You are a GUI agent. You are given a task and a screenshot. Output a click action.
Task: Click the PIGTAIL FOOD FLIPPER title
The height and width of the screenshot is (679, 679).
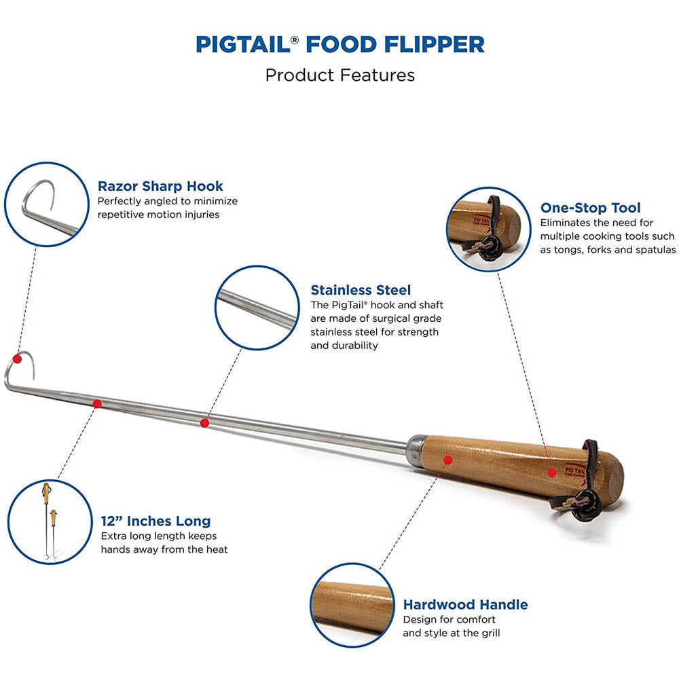pyautogui.click(x=340, y=44)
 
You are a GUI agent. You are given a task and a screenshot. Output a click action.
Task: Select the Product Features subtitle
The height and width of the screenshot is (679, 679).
pyautogui.click(x=340, y=75)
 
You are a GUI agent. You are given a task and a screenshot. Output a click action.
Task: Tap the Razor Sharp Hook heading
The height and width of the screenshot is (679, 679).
pyautogui.click(x=160, y=186)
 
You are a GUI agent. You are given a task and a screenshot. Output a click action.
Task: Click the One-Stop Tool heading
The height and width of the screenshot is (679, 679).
pyautogui.click(x=590, y=208)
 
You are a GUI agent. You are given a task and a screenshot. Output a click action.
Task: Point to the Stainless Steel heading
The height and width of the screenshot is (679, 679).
pyautogui.click(x=361, y=290)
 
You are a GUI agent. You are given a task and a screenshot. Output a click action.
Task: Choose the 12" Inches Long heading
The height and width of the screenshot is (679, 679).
pyautogui.click(x=156, y=521)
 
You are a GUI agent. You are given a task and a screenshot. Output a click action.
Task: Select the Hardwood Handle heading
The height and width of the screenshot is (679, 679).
pyautogui.click(x=466, y=604)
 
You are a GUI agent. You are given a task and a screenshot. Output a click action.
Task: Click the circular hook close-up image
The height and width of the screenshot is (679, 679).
pyautogui.click(x=46, y=204)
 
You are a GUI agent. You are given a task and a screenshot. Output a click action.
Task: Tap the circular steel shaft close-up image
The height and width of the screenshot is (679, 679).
pyautogui.click(x=257, y=308)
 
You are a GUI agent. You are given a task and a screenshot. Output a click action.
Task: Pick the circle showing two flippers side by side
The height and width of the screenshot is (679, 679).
pyautogui.click(x=50, y=521)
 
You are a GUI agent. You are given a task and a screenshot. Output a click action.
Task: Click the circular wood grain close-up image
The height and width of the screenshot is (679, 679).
pyautogui.click(x=352, y=606)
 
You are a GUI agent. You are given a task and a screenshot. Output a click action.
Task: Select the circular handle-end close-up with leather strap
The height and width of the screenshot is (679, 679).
pyautogui.click(x=488, y=229)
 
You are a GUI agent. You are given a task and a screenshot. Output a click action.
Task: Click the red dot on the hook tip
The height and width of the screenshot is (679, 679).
pyautogui.click(x=18, y=359)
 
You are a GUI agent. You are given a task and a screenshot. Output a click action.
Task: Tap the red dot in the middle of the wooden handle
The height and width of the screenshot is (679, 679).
pyautogui.click(x=448, y=460)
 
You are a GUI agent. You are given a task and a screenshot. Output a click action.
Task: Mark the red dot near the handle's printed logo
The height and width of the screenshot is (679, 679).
pyautogui.click(x=551, y=473)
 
